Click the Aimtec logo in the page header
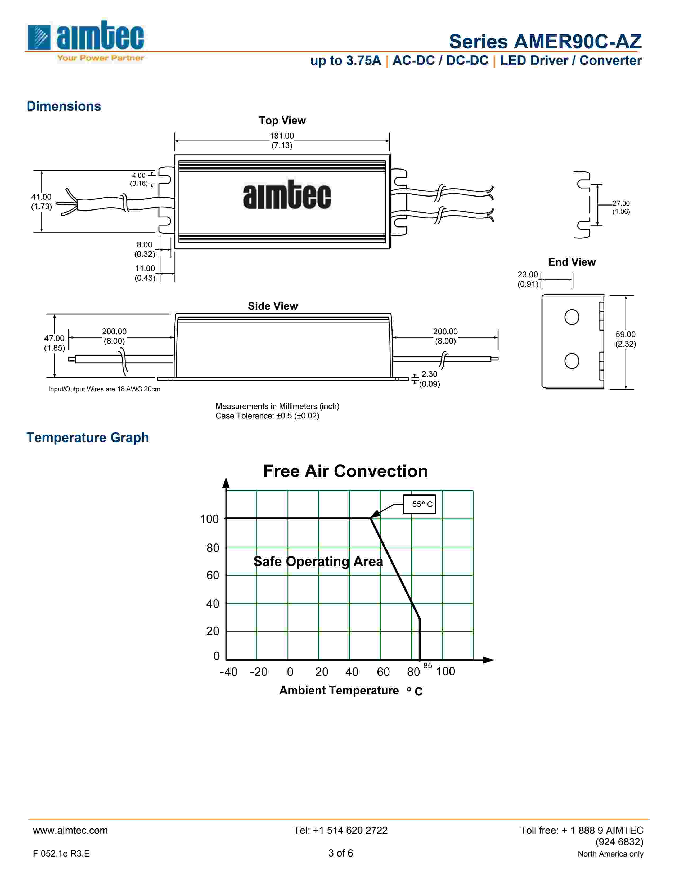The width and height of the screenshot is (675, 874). point(85,40)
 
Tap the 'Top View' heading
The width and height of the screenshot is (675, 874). point(282,121)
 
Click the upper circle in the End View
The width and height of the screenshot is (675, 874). point(571,317)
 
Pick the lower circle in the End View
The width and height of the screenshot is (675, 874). point(571,361)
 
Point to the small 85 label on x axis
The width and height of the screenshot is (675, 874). point(428,666)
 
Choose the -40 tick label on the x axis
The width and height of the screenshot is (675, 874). point(228,672)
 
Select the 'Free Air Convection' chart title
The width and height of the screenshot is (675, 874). point(345,471)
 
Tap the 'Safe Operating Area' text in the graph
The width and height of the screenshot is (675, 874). point(318,561)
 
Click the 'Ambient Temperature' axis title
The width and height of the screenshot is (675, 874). point(339,690)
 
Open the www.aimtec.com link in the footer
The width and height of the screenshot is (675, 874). point(70,830)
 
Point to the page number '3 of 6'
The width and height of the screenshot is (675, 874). point(341,853)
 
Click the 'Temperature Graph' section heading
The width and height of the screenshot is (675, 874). point(88,438)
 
